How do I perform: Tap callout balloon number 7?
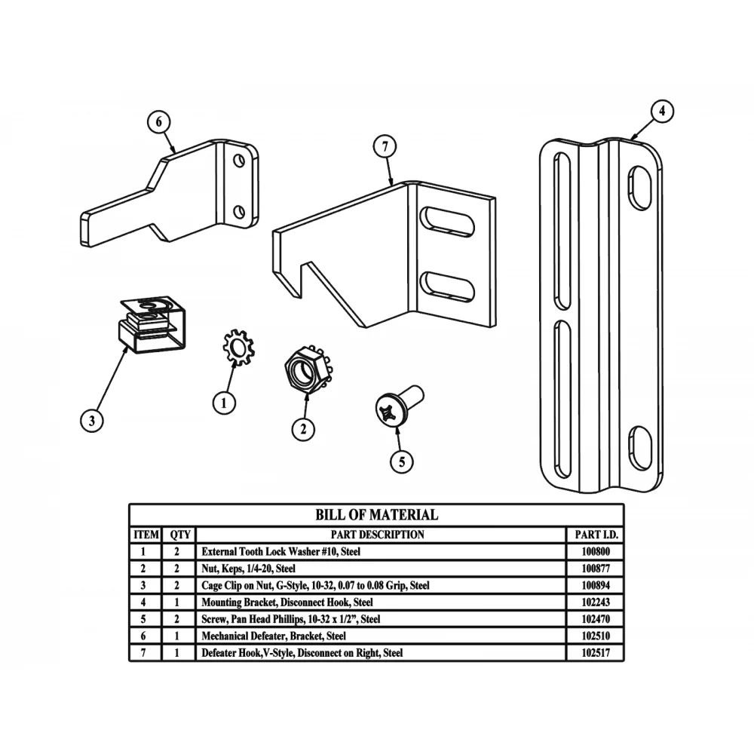384,146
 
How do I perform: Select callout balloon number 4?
661,112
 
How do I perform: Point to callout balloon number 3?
91,421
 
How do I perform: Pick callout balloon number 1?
223,403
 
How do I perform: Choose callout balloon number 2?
303,429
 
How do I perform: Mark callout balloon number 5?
401,461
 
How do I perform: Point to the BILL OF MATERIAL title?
376,515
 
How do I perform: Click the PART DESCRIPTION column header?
380,535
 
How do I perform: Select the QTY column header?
180,535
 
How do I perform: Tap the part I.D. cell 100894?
596,585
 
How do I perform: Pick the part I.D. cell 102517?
596,653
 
